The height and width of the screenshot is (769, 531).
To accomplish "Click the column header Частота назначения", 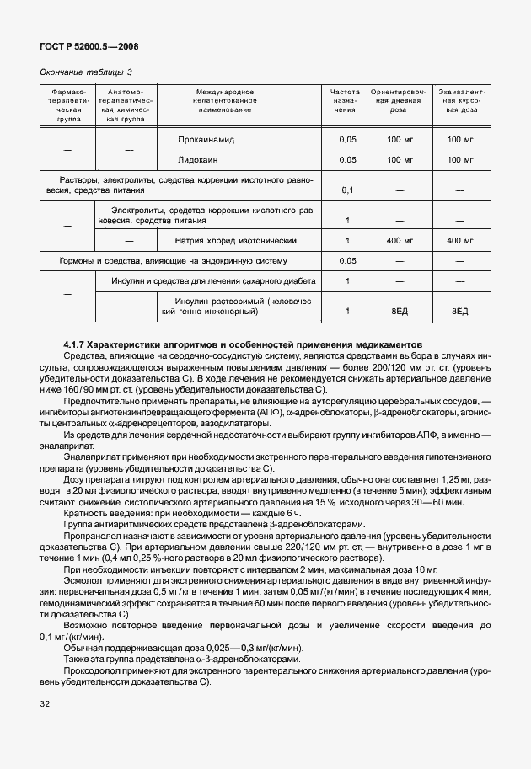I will (345, 100).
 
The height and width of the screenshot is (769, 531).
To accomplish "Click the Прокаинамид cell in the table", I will (207, 139).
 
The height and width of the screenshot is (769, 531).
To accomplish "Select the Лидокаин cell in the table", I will (199, 159).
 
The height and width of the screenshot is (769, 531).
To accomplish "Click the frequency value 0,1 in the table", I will (346, 190).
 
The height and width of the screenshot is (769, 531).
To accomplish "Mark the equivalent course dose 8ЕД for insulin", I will (459, 312).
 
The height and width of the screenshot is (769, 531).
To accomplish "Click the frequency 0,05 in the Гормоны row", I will (346, 260).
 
